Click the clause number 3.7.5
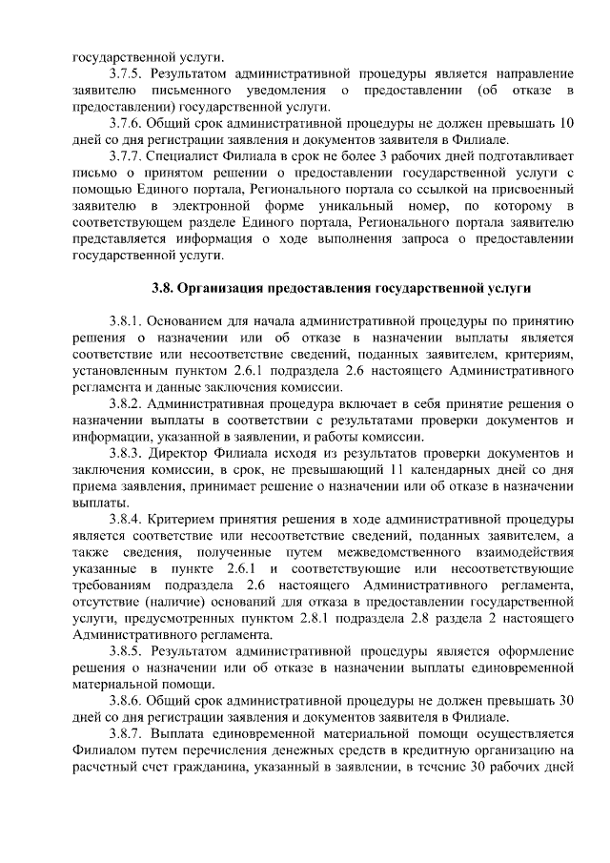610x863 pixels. (125, 72)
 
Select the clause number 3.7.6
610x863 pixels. (125, 123)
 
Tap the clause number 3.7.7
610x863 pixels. (125, 156)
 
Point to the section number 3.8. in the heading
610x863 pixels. (168, 288)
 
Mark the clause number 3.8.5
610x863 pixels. (125, 651)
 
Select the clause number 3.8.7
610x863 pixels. (125, 734)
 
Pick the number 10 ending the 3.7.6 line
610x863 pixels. (565, 123)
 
